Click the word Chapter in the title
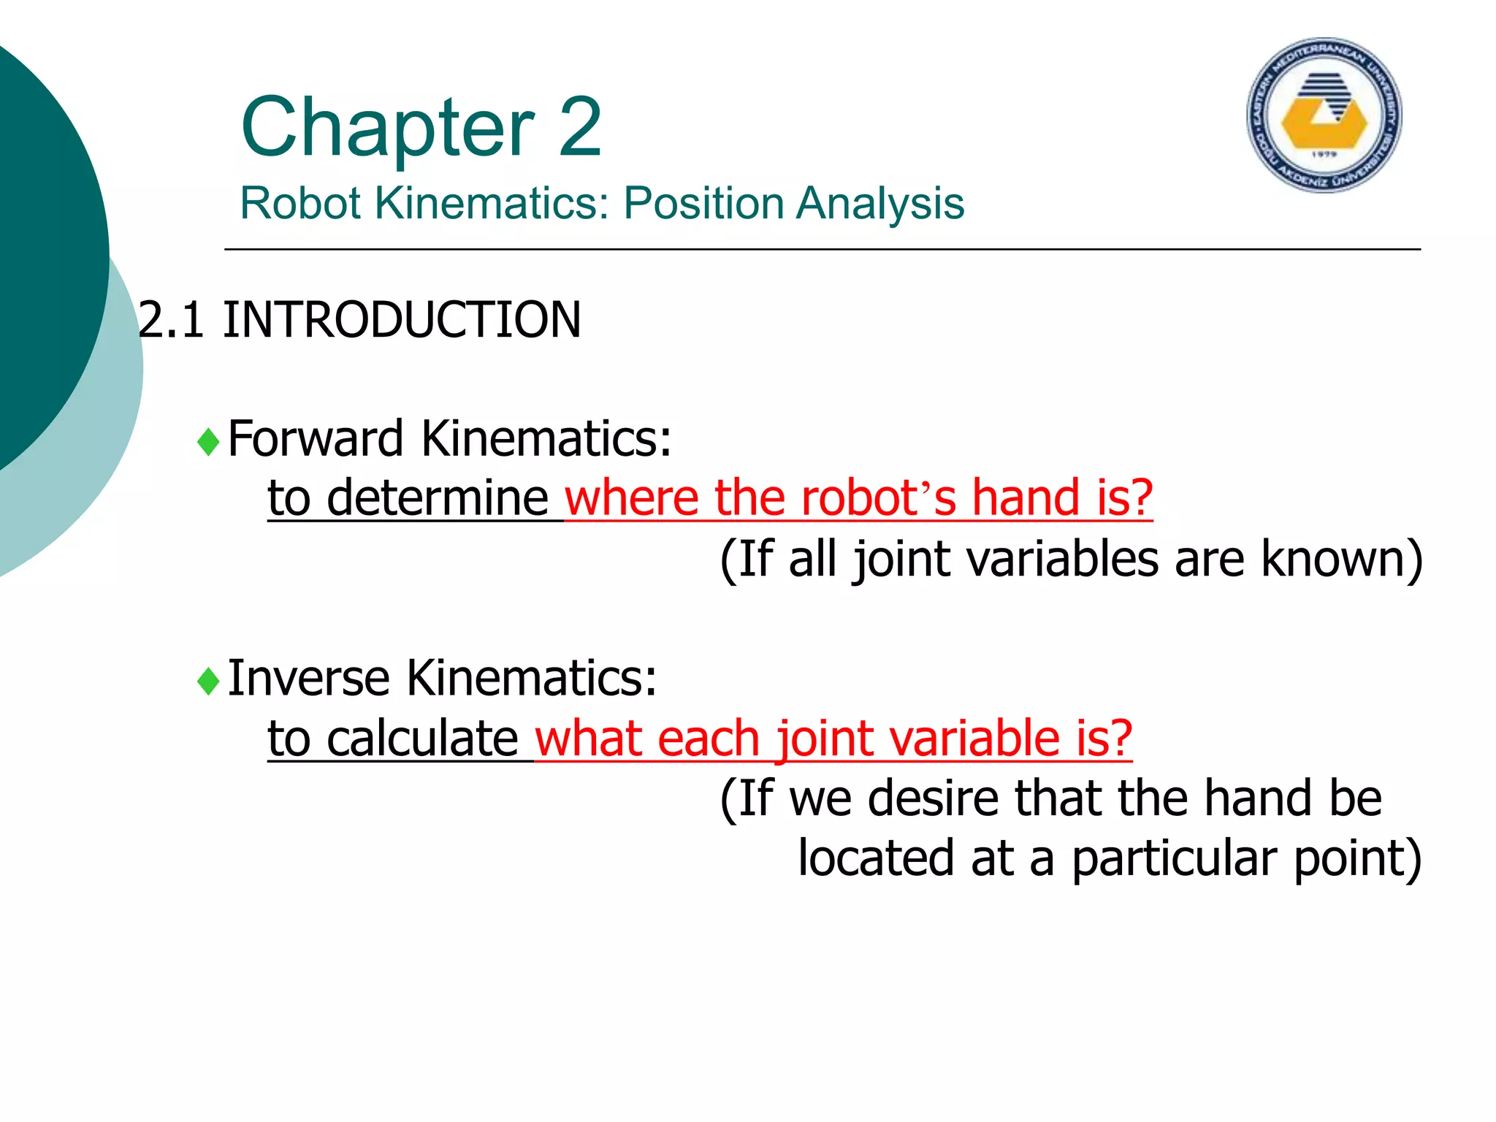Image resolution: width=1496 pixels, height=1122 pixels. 388,129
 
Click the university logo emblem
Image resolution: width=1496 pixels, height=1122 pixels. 1324,115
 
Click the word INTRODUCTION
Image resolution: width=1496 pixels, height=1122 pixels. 402,320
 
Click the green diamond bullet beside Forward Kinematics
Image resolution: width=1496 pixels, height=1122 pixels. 209,442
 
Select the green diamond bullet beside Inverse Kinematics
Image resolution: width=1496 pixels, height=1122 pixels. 209,682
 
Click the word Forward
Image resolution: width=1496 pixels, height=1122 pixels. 316,438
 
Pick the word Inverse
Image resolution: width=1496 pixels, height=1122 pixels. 308,678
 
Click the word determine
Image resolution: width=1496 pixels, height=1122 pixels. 438,498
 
